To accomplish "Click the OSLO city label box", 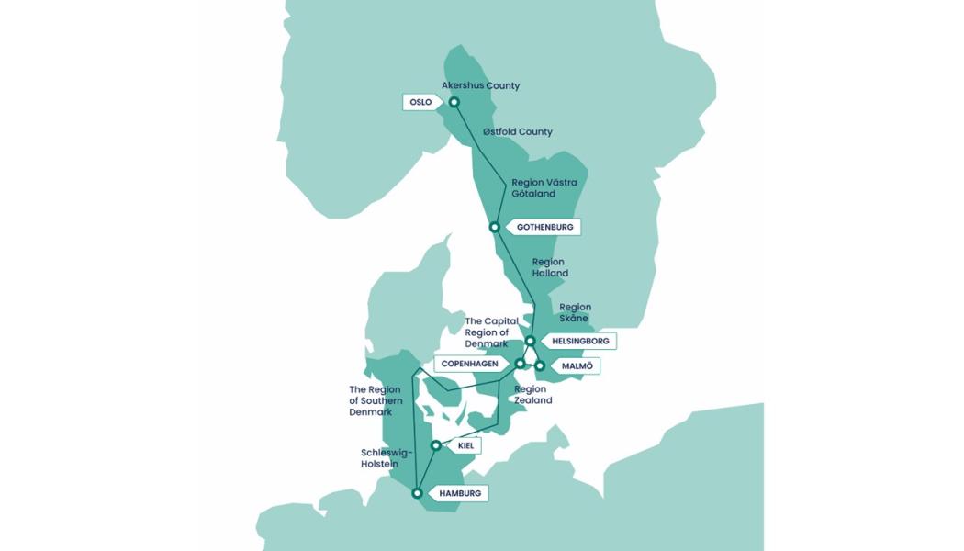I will (420, 102).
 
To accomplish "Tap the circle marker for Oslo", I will (454, 102).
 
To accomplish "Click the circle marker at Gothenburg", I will (494, 227).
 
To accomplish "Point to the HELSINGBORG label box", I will (578, 341).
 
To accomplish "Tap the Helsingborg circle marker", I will (530, 341).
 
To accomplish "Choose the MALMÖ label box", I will (576, 365).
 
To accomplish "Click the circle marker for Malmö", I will (540, 365).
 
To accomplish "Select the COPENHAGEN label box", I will (469, 364).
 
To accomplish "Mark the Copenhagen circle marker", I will (520, 364).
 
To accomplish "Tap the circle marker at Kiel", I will (435, 446).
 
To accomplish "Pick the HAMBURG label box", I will (459, 493).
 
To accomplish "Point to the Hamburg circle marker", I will (418, 493).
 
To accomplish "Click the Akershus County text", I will (480, 85).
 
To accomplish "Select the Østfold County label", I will (518, 131).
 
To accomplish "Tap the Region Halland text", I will (550, 267).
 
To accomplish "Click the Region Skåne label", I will (575, 312).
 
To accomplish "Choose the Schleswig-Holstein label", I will (387, 457).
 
